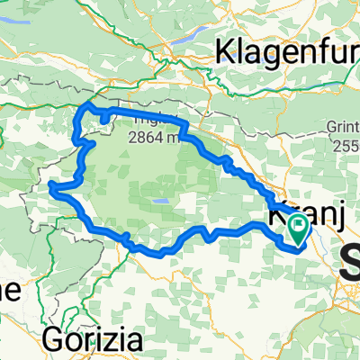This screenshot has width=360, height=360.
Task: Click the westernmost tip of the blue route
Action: tap(51, 187)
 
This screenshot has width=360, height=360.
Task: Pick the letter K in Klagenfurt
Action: tap(224, 50)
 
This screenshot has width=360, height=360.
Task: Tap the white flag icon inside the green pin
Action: tap(298, 230)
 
